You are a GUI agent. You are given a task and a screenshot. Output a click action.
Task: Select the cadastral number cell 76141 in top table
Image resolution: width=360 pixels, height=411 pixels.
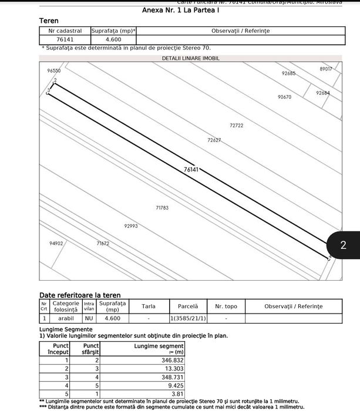click(65, 39)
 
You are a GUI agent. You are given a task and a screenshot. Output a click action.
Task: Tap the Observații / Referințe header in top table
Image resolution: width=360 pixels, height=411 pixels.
click(240, 31)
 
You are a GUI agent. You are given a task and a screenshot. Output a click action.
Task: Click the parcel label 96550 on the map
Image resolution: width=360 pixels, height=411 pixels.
click(54, 70)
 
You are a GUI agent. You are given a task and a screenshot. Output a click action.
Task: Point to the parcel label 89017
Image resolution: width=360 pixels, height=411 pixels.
click(326, 69)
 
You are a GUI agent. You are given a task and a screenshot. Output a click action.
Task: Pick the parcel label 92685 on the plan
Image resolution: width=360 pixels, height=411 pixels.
click(288, 73)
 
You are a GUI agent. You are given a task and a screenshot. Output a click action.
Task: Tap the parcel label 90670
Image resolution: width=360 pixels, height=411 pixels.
click(284, 97)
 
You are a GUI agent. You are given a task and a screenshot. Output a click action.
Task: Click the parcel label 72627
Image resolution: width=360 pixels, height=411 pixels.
click(214, 140)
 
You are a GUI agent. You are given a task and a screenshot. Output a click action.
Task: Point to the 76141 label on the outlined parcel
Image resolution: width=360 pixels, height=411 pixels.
click(191, 169)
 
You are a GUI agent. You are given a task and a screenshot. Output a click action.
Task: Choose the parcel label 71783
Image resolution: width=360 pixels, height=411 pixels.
click(162, 208)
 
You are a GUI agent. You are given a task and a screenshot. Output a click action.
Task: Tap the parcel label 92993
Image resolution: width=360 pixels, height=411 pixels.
click(131, 225)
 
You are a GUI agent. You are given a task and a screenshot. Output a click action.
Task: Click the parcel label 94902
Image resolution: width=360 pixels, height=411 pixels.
click(56, 242)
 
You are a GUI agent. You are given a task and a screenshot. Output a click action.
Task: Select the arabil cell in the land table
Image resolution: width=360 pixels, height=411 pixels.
click(66, 318)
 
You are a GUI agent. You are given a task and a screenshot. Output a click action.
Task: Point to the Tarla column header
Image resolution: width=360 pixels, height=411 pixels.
click(149, 306)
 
